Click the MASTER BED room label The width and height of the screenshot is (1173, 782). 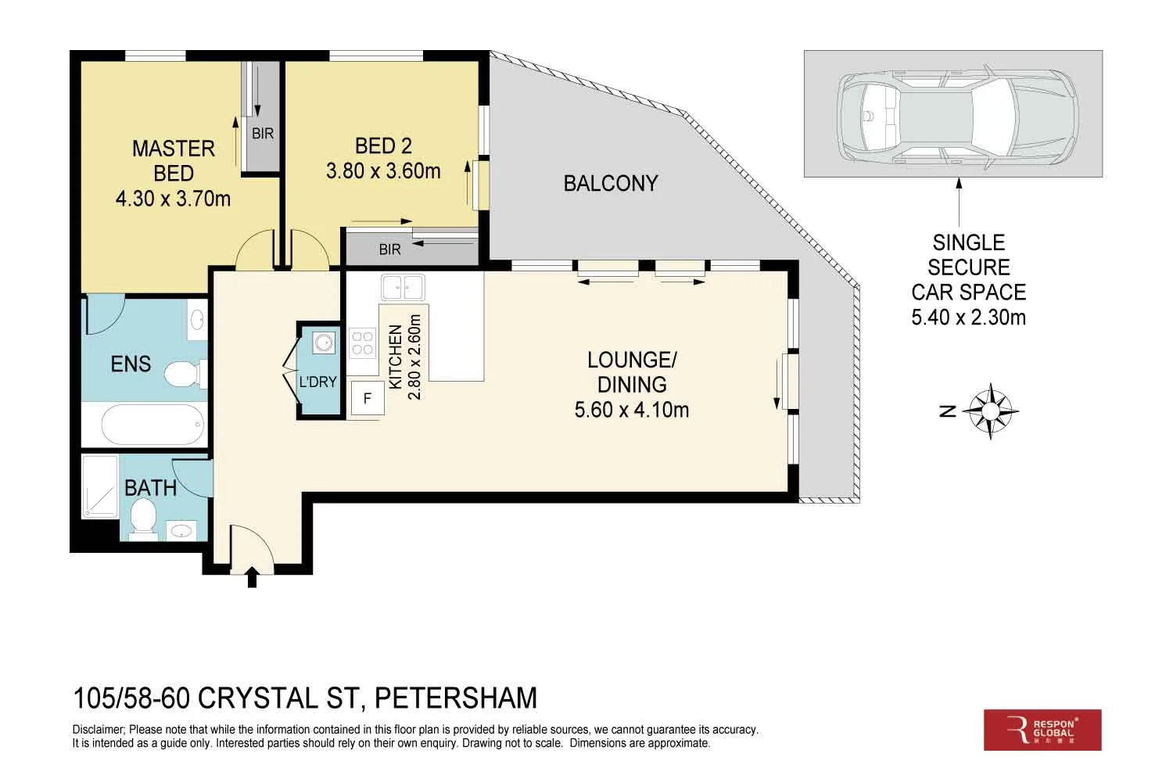point(173,160)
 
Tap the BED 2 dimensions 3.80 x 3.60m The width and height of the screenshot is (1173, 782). point(383,171)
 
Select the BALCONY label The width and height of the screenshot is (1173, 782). point(611,184)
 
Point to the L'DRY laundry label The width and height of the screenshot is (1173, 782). point(317,382)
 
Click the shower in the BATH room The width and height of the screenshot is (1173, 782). point(100,486)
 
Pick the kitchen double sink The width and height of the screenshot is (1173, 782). point(402,287)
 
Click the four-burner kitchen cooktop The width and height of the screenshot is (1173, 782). point(362,343)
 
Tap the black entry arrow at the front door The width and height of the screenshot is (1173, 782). point(252,578)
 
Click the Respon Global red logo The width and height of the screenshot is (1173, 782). point(1042,730)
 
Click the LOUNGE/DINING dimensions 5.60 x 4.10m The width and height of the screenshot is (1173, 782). point(632,410)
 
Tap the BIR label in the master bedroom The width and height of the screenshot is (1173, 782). point(263,134)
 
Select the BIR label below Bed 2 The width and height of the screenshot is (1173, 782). point(389,249)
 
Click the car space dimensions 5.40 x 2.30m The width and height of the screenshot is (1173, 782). point(968,317)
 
